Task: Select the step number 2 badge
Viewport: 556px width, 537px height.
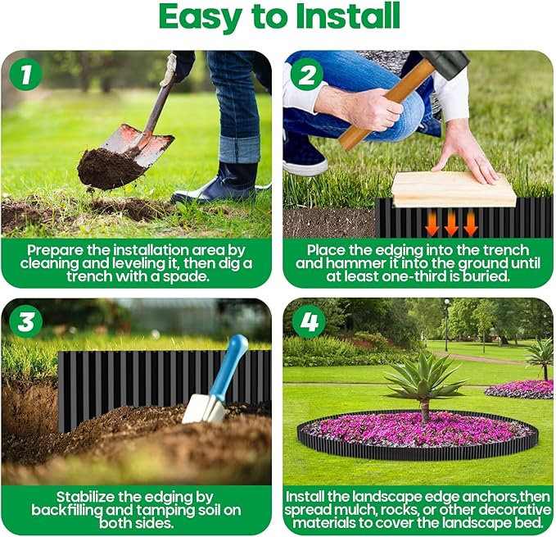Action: [307, 75]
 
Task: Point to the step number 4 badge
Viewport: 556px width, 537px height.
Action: [307, 322]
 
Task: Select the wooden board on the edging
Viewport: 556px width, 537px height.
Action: [453, 189]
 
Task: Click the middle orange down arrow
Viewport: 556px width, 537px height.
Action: [451, 224]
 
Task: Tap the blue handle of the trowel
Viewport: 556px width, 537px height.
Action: [229, 362]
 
